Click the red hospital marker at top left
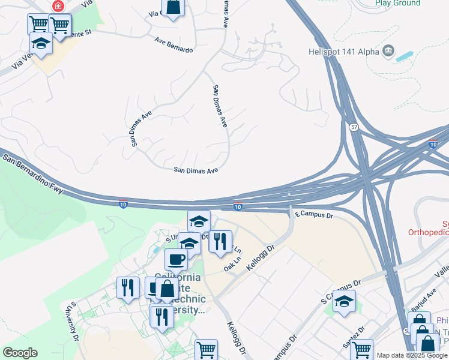coord(58,7)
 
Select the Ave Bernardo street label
coord(173,45)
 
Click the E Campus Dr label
coord(314,214)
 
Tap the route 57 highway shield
coord(355,127)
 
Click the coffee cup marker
coord(176,259)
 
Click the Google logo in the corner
coord(20,353)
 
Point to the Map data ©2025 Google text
coord(412,355)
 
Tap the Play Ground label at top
coord(397,3)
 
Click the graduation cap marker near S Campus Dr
coord(345,302)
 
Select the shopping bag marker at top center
coord(173,7)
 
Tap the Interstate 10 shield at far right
coord(433,144)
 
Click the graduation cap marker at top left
coord(41,44)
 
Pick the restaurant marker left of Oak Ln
coord(220,241)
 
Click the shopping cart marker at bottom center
coord(206,349)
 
